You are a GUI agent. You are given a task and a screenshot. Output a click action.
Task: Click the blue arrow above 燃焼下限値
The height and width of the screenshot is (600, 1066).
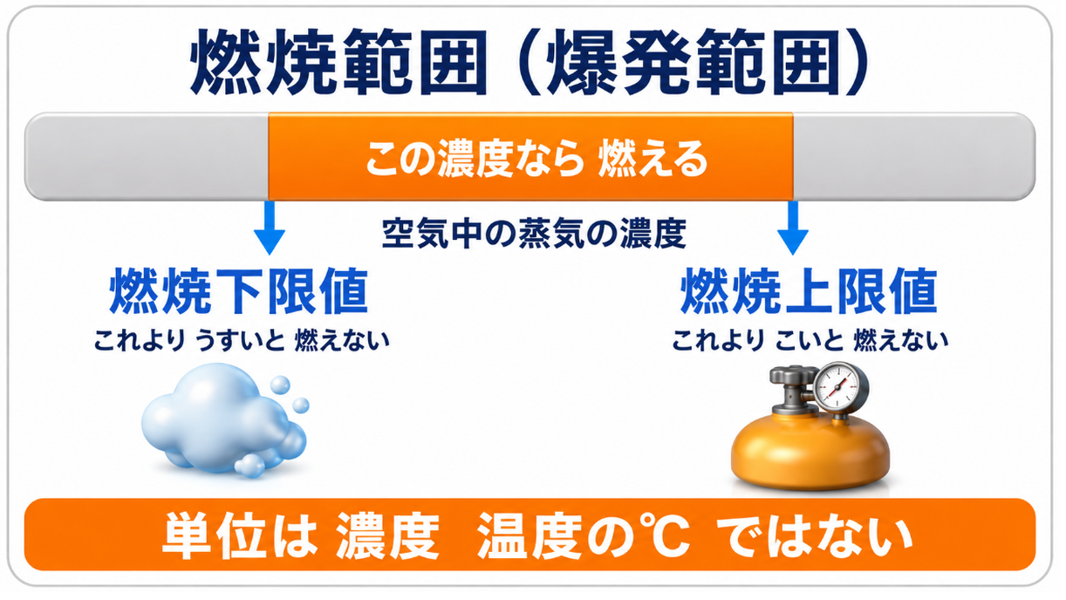coord(270,228)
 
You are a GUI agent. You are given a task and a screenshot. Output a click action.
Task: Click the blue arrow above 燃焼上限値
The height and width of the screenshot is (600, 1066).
coord(793,228)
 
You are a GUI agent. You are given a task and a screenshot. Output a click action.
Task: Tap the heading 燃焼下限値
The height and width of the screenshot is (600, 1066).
coord(239,290)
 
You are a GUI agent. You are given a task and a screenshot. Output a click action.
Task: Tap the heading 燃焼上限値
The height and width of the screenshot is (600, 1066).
coord(809,290)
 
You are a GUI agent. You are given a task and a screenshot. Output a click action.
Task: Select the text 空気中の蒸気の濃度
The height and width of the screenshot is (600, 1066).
coord(534,233)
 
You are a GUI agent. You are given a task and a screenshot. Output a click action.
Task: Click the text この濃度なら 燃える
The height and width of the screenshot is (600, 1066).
coord(536,159)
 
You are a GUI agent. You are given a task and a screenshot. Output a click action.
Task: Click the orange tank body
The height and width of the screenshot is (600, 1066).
coord(810,451)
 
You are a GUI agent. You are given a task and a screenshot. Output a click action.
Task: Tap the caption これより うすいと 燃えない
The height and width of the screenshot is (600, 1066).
coord(242,340)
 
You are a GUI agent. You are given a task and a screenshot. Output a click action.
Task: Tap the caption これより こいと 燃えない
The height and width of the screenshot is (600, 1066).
coord(810,340)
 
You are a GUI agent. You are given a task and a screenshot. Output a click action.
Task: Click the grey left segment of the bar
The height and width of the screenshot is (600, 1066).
coord(147,157)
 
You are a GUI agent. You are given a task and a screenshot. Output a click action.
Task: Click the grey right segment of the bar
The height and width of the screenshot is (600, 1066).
coord(914,157)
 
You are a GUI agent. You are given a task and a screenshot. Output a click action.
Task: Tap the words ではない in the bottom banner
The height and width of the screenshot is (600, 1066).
coord(814,535)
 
